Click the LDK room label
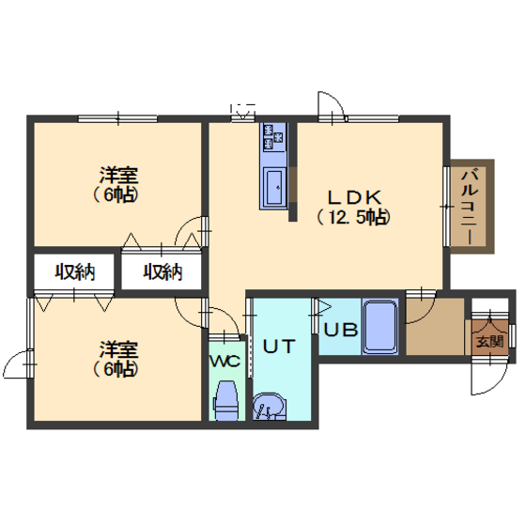pyautogui.click(x=354, y=197)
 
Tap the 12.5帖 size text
pyautogui.click(x=354, y=218)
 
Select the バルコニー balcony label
pyautogui.click(x=470, y=207)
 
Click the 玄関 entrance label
pyautogui.click(x=490, y=342)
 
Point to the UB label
pyautogui.click(x=340, y=330)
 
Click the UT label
pyautogui.click(x=279, y=347)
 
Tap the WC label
pyautogui.click(x=224, y=362)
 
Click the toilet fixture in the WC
pyautogui.click(x=226, y=401)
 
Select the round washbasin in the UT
pyautogui.click(x=269, y=406)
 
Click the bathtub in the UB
pyautogui.click(x=380, y=326)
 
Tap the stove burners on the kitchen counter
pyautogui.click(x=273, y=137)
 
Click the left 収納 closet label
pyautogui.click(x=75, y=271)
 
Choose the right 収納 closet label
pyautogui.click(x=163, y=271)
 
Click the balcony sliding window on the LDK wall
pyautogui.click(x=446, y=207)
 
